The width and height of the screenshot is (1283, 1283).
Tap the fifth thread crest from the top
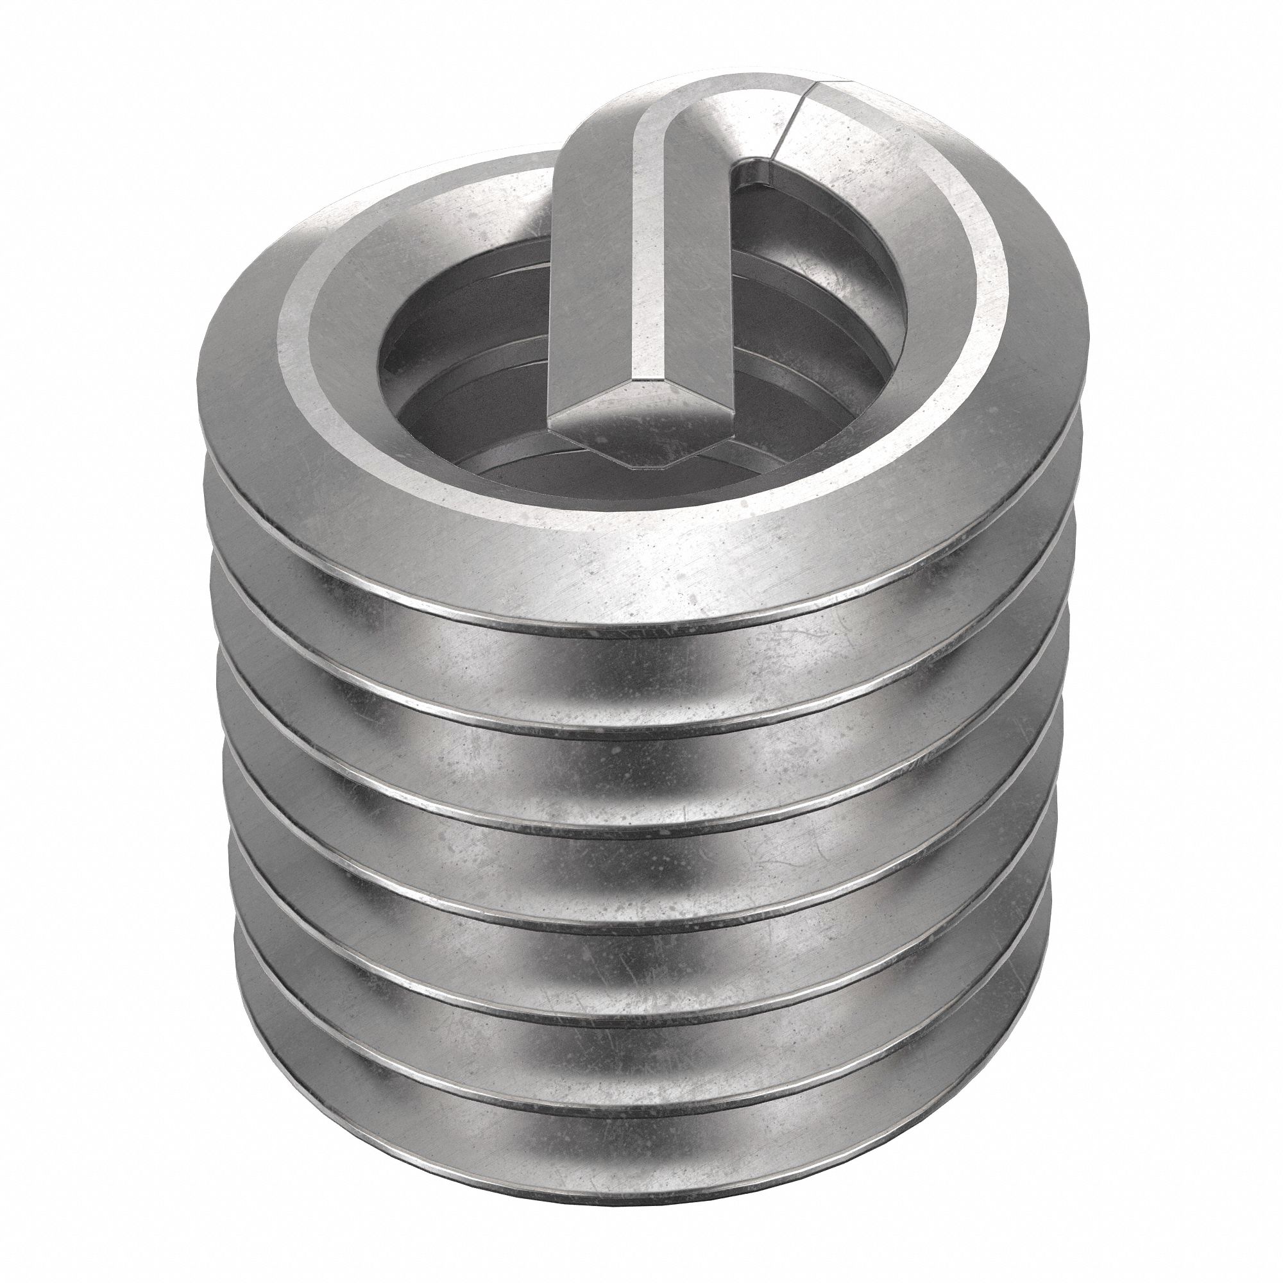tap(638, 1023)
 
